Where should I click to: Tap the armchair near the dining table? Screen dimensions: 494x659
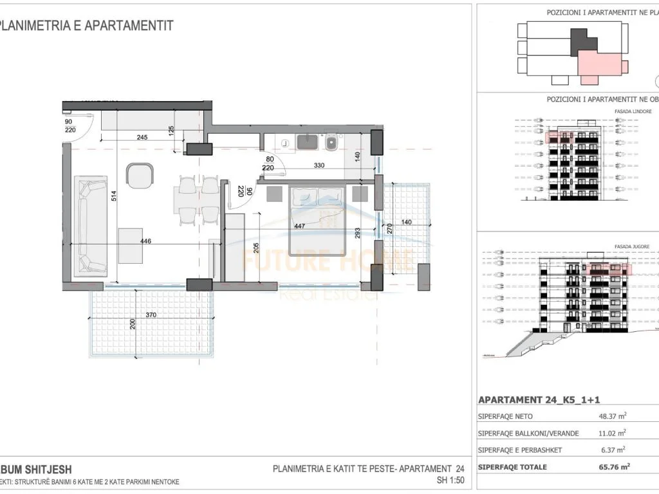click(140, 175)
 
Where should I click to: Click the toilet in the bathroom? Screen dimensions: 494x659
click(331, 143)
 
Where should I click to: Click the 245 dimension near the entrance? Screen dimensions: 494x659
click(143, 137)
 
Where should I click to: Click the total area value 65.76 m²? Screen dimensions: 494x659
click(615, 467)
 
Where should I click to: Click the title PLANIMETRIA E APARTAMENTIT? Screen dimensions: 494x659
click(87, 26)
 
